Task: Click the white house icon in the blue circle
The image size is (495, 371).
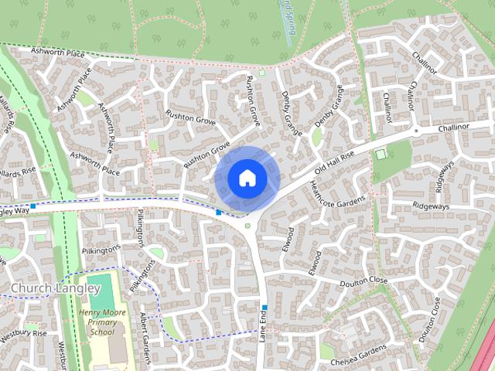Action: pos(247,178)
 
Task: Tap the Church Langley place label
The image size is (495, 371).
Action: pos(56,288)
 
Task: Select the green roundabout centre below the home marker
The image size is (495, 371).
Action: pos(247,226)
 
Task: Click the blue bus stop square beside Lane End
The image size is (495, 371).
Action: pos(264,307)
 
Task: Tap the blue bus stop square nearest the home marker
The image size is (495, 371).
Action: pos(219,213)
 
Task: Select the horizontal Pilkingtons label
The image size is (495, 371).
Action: pos(101,250)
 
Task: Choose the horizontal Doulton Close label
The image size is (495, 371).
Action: pos(363,281)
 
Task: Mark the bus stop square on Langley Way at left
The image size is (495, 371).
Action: pos(33,207)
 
